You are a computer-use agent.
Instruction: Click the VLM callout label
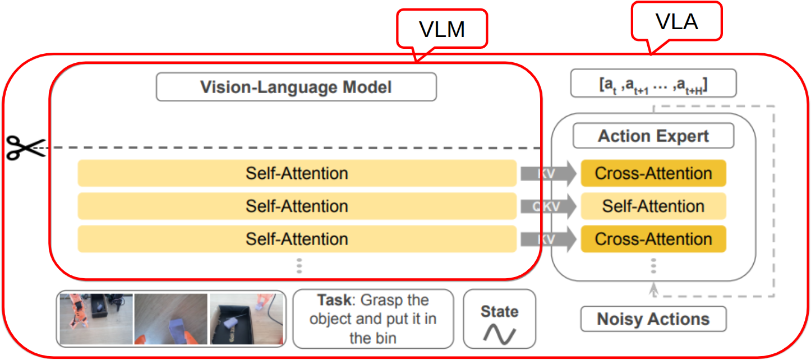click(442, 29)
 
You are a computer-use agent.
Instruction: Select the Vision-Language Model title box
click(296, 87)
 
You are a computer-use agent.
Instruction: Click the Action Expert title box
click(653, 136)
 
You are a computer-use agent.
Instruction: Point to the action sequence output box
click(653, 84)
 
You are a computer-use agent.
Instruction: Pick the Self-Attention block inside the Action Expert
click(653, 206)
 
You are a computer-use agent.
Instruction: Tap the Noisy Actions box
click(653, 319)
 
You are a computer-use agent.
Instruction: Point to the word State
click(499, 312)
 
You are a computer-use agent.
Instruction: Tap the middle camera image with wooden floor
click(171, 319)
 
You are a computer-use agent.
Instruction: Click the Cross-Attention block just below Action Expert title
click(653, 173)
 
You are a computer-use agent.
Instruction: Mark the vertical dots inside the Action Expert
click(653, 266)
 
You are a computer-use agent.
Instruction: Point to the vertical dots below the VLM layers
click(299, 266)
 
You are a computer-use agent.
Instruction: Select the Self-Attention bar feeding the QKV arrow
click(296, 206)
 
